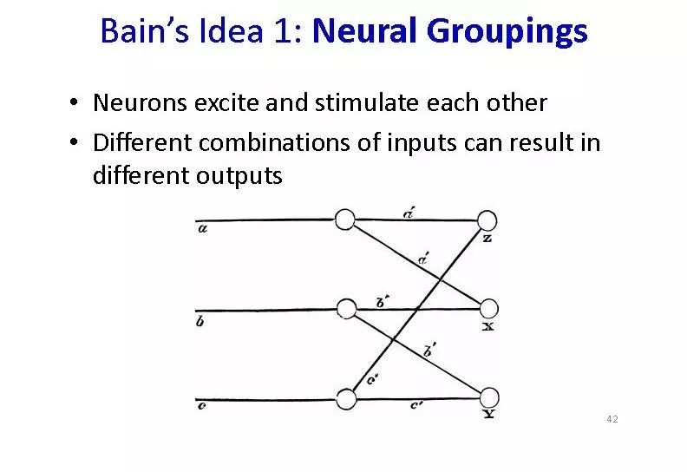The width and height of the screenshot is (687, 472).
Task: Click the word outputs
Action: pyautogui.click(x=240, y=176)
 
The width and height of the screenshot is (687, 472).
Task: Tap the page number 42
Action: pyautogui.click(x=612, y=420)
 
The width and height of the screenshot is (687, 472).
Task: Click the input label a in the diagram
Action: pyautogui.click(x=202, y=229)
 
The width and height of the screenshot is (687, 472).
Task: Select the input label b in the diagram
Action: pyautogui.click(x=201, y=322)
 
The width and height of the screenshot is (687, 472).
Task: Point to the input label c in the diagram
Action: pyautogui.click(x=201, y=406)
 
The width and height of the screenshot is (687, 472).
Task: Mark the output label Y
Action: pyautogui.click(x=488, y=414)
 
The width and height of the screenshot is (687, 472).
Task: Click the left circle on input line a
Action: pyautogui.click(x=345, y=220)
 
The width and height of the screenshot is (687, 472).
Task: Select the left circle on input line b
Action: pyautogui.click(x=346, y=308)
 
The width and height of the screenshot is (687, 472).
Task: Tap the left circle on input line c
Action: pyautogui.click(x=346, y=398)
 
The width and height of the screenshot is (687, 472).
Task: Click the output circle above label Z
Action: pyautogui.click(x=487, y=220)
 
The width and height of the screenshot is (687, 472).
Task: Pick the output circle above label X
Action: pyautogui.click(x=488, y=308)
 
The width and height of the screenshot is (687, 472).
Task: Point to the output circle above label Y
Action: pyautogui.click(x=488, y=397)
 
